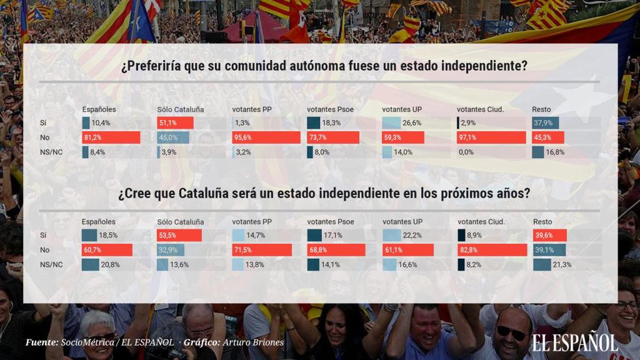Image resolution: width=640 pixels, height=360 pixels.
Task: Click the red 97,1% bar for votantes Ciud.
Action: click(491, 137)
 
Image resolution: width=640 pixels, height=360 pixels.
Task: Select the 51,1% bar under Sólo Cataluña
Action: click(175, 123)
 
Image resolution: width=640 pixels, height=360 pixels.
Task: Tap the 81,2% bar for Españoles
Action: click(111, 137)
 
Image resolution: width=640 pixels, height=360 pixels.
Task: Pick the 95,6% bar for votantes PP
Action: click(266, 137)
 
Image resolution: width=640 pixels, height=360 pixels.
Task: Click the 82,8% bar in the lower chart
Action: click(492, 250)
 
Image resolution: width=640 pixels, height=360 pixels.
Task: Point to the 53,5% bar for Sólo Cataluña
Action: click(179, 236)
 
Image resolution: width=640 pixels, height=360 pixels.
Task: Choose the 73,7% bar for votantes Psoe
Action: click(332, 137)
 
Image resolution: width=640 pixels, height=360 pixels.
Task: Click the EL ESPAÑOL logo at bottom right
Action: click(574, 342)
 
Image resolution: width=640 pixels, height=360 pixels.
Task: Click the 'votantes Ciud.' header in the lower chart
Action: click(481, 222)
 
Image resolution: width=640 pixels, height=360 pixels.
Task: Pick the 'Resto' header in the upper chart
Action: click(541, 109)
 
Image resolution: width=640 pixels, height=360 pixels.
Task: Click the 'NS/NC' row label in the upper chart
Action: click(51, 152)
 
